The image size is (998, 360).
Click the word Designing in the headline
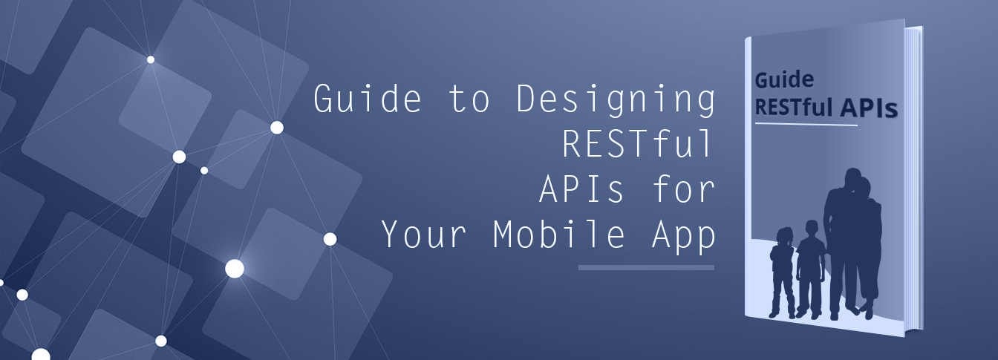pos(616,100)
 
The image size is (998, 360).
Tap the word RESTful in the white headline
pos(638,144)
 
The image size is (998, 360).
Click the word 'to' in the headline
pos(469,100)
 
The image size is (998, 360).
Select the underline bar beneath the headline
pos(646,267)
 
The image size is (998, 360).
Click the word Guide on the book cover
pos(784,79)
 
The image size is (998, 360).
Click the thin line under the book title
pos(806,124)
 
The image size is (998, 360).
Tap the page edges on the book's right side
pos(914,178)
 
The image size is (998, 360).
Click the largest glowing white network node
pos(235,268)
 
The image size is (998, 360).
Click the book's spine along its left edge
pos(748,178)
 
